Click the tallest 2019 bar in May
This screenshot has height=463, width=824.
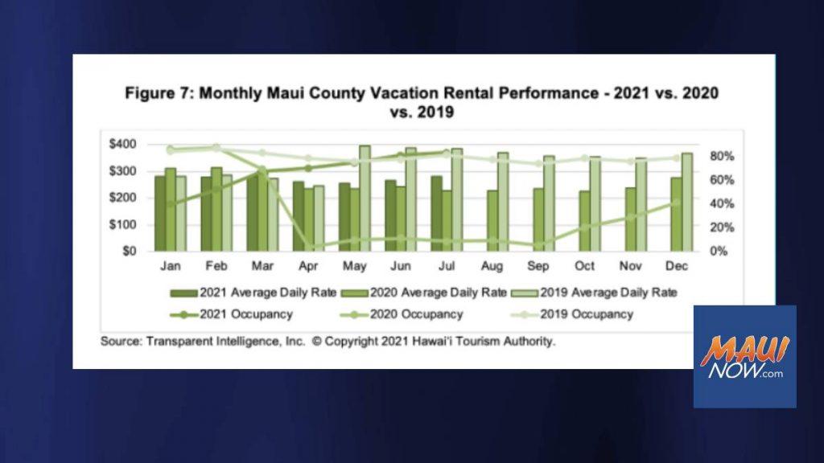(365, 199)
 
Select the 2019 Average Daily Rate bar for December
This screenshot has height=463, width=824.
(687, 202)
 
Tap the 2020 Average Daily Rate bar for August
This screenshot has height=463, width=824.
(492, 220)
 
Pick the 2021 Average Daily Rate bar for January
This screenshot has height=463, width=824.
(160, 214)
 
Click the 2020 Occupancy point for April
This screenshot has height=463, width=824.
(308, 246)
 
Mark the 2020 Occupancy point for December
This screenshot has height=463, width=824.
(677, 203)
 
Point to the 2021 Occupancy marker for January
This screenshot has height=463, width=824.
(171, 204)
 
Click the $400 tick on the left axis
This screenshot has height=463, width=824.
(122, 144)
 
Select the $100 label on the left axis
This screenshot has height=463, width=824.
(122, 225)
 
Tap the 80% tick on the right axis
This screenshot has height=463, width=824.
(722, 157)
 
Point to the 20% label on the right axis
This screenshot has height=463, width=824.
(722, 227)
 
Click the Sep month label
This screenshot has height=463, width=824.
(538, 266)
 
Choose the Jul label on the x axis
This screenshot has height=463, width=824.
(446, 266)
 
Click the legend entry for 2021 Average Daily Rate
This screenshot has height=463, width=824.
(253, 293)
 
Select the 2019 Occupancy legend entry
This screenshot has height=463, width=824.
(572, 314)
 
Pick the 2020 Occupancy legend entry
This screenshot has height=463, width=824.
(402, 314)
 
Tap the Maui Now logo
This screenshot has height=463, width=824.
(744, 357)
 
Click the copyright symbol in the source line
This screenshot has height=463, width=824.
(316, 341)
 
